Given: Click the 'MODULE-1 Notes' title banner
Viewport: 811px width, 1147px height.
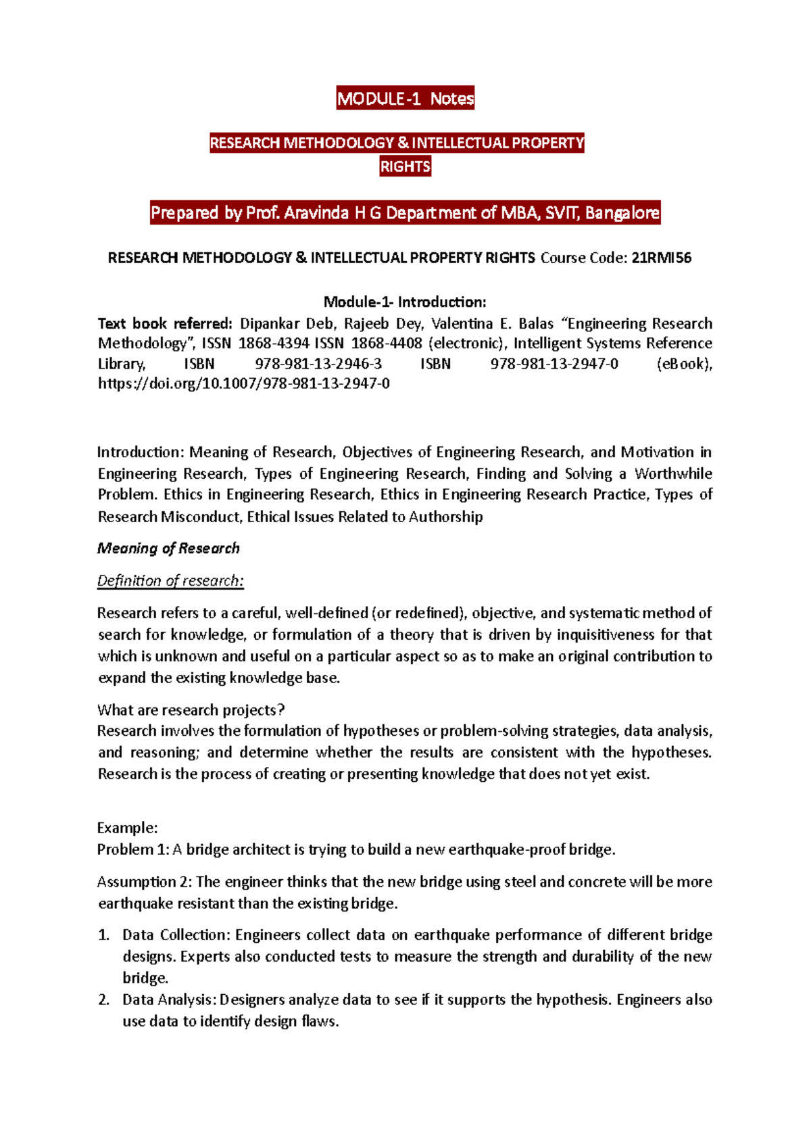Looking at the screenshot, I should (405, 99).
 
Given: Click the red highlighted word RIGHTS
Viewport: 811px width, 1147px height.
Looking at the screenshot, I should (405, 166).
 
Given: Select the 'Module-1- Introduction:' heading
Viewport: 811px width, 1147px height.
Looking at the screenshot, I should (405, 302).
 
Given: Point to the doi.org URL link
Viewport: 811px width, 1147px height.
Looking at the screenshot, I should (243, 384).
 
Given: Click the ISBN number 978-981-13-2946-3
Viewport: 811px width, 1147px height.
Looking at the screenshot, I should (318, 364).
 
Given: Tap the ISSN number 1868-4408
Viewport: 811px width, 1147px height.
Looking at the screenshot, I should (386, 344).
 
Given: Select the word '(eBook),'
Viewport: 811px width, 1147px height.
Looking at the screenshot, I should (684, 364).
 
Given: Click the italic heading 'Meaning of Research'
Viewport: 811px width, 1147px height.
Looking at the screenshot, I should (168, 548).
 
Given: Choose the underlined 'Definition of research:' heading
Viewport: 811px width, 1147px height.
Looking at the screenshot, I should (170, 581).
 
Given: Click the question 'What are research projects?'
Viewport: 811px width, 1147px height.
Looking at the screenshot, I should (191, 710).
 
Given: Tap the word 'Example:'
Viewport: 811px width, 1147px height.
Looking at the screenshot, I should (128, 828).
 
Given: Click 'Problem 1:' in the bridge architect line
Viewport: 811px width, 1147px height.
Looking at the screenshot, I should (133, 849).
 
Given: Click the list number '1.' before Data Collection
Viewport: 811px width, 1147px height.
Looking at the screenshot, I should (103, 935).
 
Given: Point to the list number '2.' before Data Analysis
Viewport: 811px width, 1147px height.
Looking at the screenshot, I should (103, 1000).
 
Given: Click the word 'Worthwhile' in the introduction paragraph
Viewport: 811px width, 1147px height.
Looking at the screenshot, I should (673, 473).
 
